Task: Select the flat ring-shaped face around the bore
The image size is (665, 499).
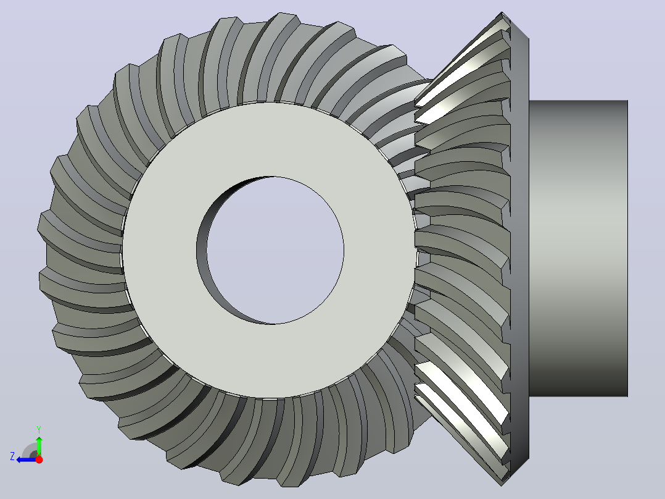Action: pos(161,251)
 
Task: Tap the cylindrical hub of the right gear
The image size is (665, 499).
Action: pos(578,248)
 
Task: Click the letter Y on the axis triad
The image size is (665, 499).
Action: pos(39,429)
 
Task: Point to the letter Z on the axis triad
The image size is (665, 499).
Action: pos(12,456)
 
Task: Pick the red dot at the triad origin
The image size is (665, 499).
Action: pos(39,459)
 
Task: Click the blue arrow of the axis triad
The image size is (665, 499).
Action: pos(27,459)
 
